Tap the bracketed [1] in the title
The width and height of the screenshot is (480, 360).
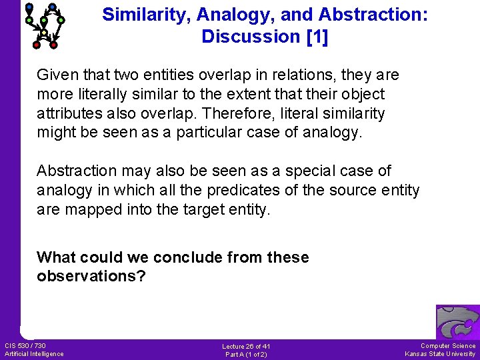pos(317,37)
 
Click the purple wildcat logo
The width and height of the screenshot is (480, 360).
pos(457,322)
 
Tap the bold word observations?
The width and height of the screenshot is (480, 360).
pos(91,276)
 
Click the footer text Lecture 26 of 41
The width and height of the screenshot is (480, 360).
pos(246,346)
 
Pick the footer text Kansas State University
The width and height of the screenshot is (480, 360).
pos(440,353)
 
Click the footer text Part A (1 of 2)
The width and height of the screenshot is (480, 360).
pos(246,354)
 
